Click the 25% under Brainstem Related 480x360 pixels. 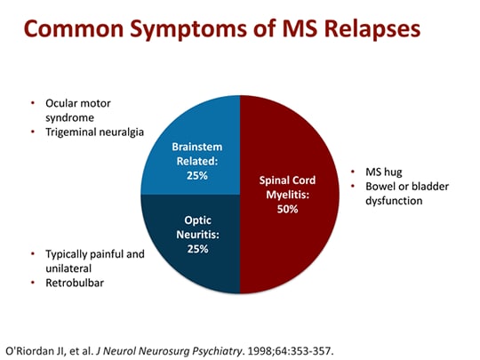point(196,176)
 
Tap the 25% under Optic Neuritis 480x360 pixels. point(196,249)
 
